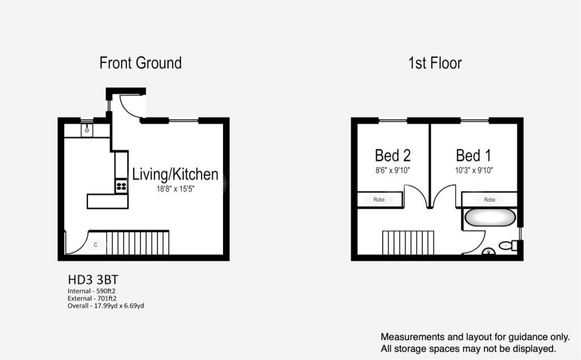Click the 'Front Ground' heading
141,63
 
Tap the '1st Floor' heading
435,63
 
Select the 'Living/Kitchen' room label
175,174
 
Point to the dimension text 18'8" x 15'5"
175,189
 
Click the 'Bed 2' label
393,156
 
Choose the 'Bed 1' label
474,156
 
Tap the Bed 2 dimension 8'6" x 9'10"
393,170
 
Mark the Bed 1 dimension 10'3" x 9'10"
474,170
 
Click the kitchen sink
87,130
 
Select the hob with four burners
121,186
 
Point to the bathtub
490,217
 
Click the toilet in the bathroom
509,245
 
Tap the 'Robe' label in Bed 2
378,199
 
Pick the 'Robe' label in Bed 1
490,199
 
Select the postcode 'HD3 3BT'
93,279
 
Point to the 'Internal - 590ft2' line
91,291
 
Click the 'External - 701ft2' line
92,299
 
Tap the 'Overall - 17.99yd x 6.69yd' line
106,306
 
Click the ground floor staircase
137,242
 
